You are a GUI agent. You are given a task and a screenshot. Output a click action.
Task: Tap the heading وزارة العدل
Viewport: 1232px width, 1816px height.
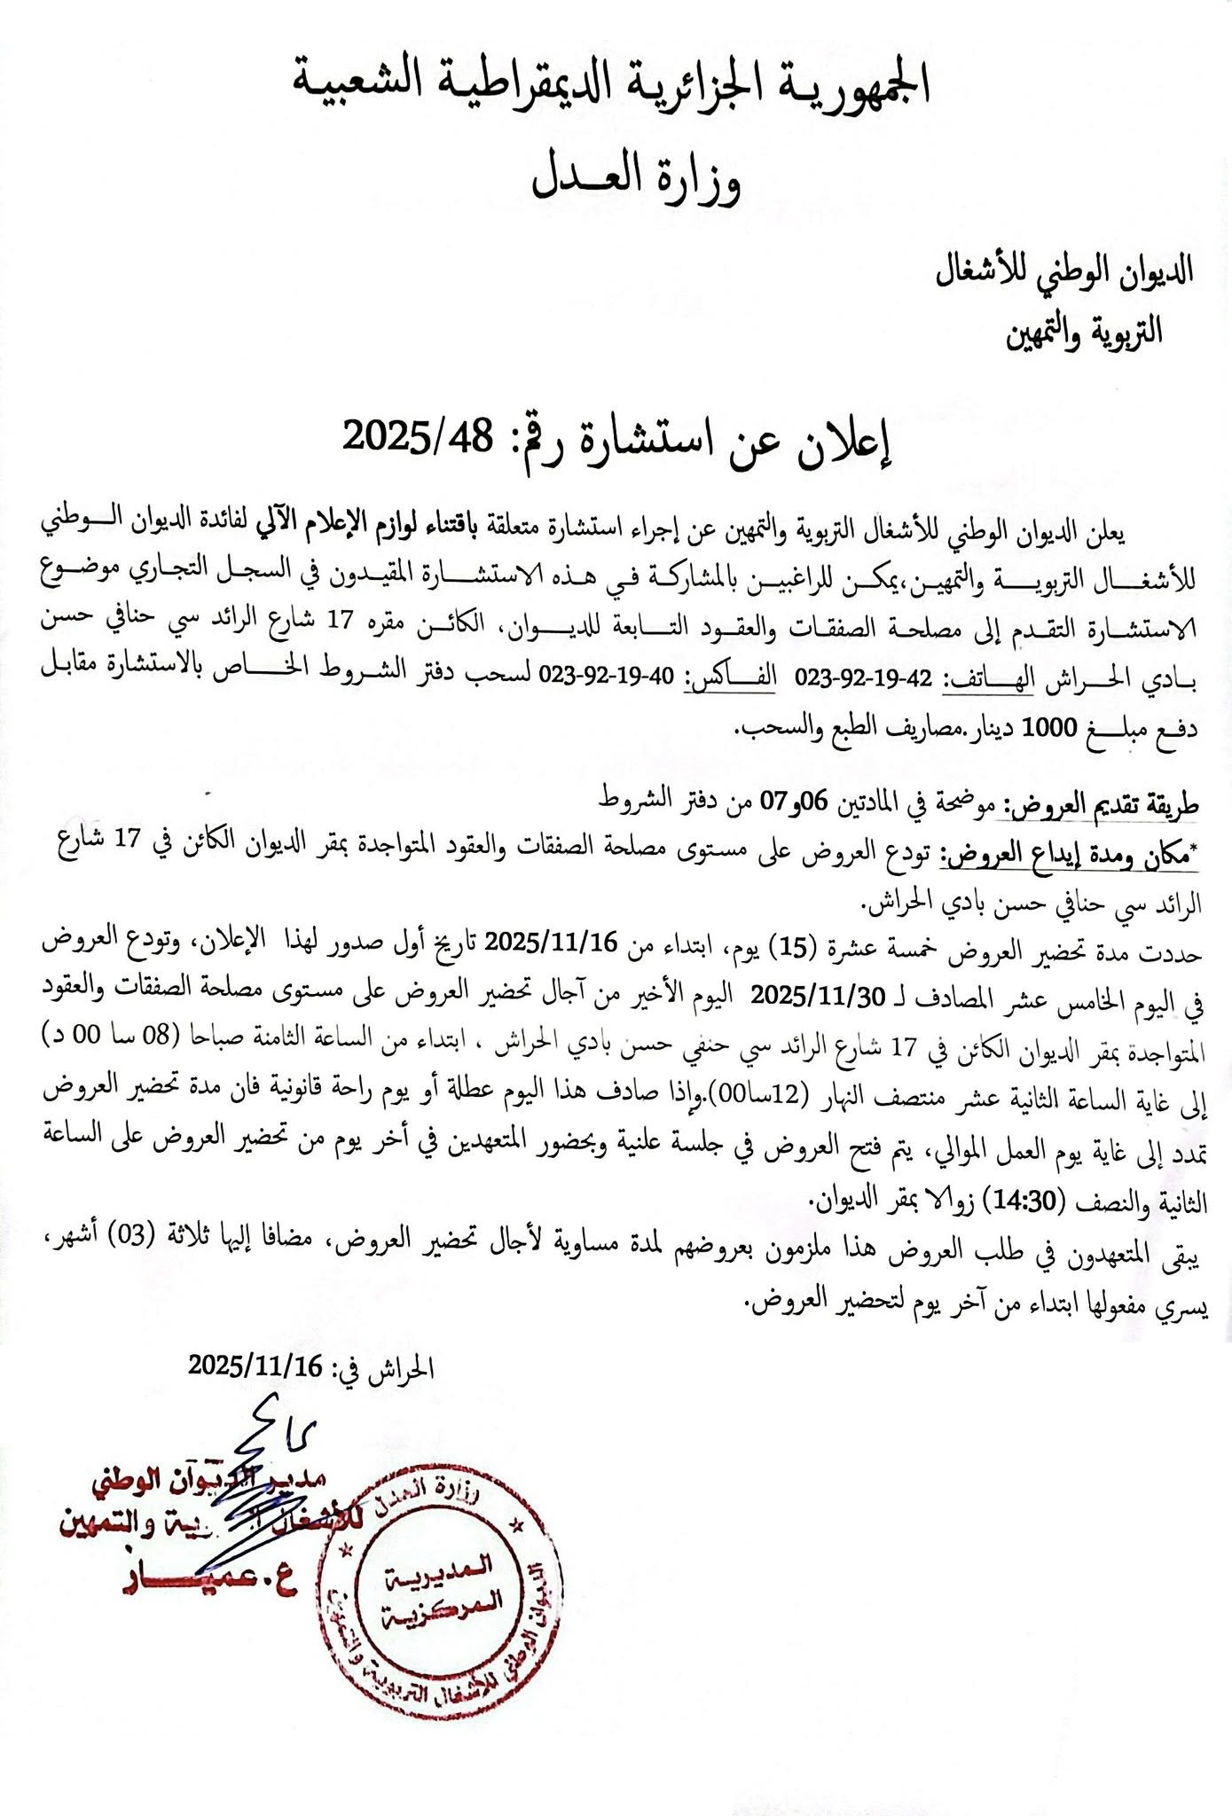pos(636,179)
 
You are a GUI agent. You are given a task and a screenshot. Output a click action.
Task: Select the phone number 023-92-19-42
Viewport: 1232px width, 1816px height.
pos(864,680)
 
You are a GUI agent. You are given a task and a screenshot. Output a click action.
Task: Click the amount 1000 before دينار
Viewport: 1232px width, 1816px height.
pos(1050,730)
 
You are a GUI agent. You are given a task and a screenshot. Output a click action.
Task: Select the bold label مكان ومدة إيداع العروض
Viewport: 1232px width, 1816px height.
pos(1068,856)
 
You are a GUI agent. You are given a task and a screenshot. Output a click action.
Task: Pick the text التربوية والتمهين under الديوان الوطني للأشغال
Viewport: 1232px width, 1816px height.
pos(1085,332)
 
